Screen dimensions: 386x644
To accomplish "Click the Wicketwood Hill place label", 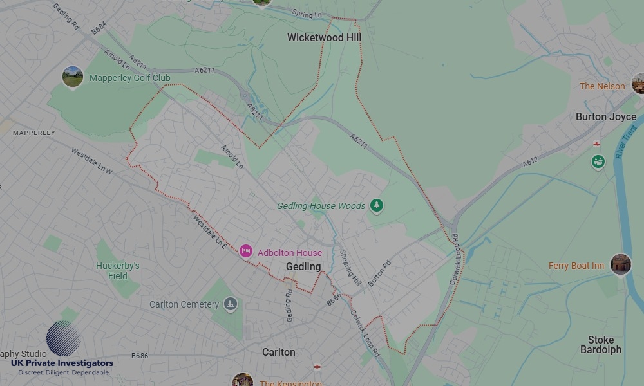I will [x=324, y=38].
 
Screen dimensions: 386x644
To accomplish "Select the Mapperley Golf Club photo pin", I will [x=73, y=77].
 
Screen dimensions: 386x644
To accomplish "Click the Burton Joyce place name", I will [x=605, y=117].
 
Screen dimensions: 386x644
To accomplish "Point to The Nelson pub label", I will [x=602, y=86].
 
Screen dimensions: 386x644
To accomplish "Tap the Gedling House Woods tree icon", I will [x=377, y=206].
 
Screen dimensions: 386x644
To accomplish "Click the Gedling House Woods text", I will [x=321, y=207].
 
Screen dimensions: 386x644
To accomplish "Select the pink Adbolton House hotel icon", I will [x=245, y=252].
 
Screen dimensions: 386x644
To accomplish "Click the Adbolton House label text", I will [x=290, y=253].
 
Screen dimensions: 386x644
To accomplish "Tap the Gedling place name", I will [x=303, y=266].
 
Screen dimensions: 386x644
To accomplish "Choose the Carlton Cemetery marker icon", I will [x=231, y=304].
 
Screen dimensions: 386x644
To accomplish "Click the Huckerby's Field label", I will [x=118, y=271].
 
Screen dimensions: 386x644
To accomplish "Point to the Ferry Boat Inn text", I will [x=576, y=266].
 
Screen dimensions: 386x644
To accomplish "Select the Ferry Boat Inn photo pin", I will [x=621, y=264].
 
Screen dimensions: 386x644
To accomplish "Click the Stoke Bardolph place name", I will [x=601, y=345].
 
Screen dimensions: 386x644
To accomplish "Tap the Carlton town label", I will [x=279, y=352].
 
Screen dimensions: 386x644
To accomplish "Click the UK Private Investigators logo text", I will [x=62, y=363].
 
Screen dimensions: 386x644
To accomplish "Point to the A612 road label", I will [x=531, y=162].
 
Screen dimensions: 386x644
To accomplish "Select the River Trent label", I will [x=626, y=142].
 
